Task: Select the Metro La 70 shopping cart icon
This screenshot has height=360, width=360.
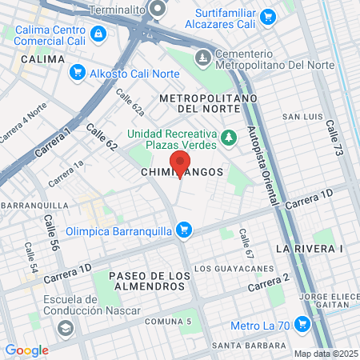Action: (x=302, y=324)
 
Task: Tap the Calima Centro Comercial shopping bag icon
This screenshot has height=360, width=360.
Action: (x=98, y=33)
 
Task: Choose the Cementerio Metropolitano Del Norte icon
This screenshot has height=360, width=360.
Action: (x=204, y=57)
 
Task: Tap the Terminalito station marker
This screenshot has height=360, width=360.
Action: (x=157, y=10)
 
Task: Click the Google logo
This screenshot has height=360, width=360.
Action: (x=26, y=350)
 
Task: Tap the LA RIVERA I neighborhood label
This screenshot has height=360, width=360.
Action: (x=309, y=249)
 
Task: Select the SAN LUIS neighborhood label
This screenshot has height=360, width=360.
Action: (x=302, y=117)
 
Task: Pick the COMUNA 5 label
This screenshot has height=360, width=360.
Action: (x=168, y=321)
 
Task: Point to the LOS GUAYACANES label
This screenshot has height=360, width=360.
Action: (x=224, y=267)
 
